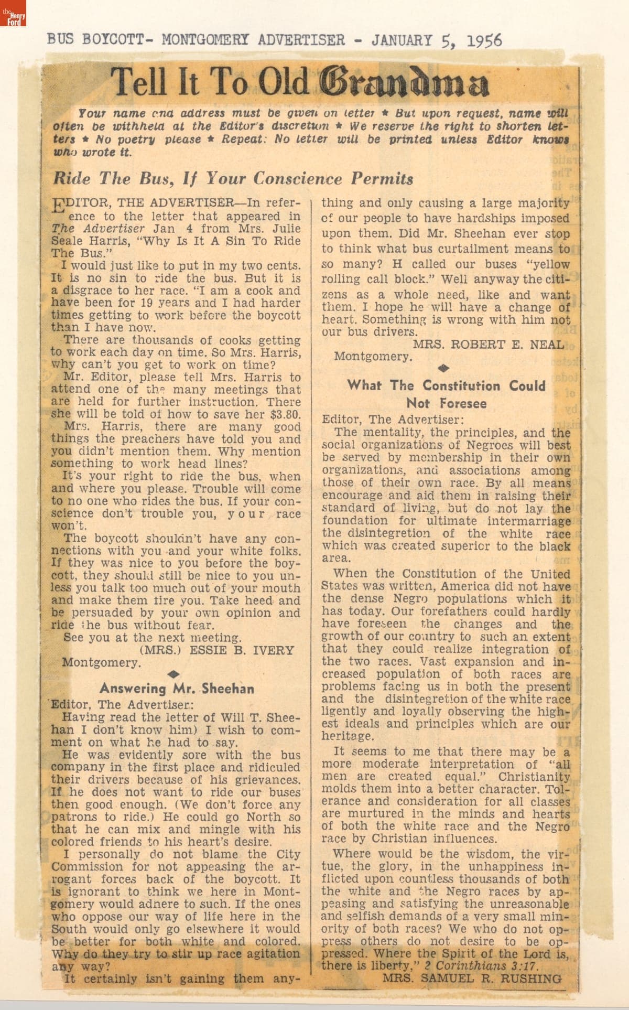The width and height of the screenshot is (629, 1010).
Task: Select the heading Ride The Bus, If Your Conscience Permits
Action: coord(233,179)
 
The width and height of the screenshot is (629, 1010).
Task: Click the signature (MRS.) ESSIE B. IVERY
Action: coord(217,650)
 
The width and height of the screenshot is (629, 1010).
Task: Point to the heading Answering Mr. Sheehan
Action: coord(177,689)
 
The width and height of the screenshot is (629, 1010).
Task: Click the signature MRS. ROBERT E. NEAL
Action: coord(488,345)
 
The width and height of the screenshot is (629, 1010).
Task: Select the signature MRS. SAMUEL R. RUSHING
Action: coord(471,978)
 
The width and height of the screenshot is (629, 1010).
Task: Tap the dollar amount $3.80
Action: coord(285,414)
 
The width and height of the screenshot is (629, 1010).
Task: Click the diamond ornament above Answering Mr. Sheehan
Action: coord(177,674)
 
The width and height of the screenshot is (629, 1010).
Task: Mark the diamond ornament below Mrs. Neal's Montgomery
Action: coord(447,369)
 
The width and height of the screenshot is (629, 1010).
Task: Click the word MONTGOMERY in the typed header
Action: coord(201,40)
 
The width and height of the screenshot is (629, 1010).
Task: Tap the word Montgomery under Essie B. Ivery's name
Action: coord(101,662)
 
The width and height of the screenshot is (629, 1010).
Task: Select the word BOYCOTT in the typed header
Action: coord(111,40)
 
